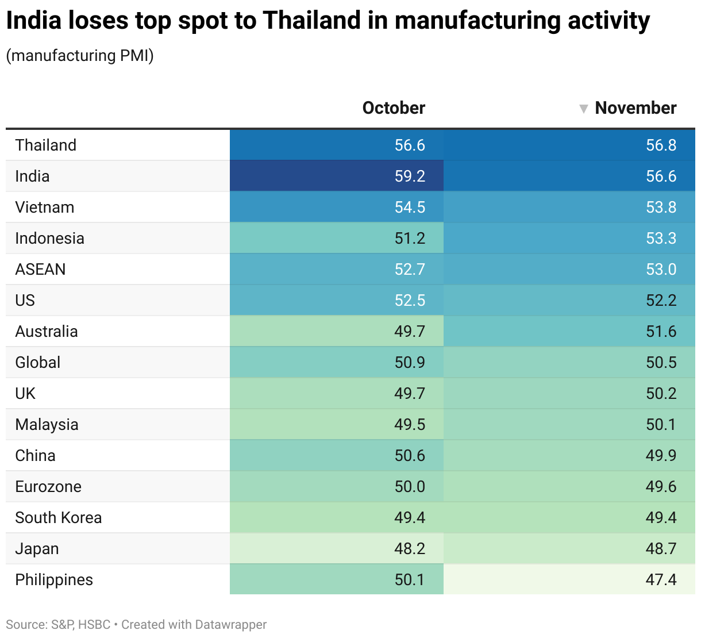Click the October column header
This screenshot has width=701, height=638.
click(x=394, y=108)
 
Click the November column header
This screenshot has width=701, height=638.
click(x=635, y=108)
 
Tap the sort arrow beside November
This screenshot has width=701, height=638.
click(x=584, y=109)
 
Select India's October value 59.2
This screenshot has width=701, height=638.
click(x=410, y=176)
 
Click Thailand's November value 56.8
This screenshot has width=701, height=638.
click(x=661, y=145)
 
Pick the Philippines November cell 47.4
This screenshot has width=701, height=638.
click(x=661, y=580)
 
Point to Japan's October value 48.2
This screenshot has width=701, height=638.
click(x=410, y=549)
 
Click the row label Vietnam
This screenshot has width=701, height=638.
click(x=45, y=207)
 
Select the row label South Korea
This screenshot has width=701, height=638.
click(x=59, y=518)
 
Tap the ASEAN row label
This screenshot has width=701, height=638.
click(x=40, y=270)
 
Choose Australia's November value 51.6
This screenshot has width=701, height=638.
click(x=661, y=332)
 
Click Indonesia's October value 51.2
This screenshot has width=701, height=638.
click(x=410, y=239)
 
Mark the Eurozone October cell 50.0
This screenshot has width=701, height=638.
click(x=410, y=487)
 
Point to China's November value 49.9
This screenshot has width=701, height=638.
click(x=661, y=456)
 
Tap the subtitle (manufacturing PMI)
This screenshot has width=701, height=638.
click(x=80, y=56)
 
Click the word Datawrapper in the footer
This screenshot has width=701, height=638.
click(x=231, y=625)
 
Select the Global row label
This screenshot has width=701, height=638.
click(x=38, y=363)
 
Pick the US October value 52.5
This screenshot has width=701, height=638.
click(x=410, y=301)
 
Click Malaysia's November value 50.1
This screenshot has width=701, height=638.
click(x=661, y=425)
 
